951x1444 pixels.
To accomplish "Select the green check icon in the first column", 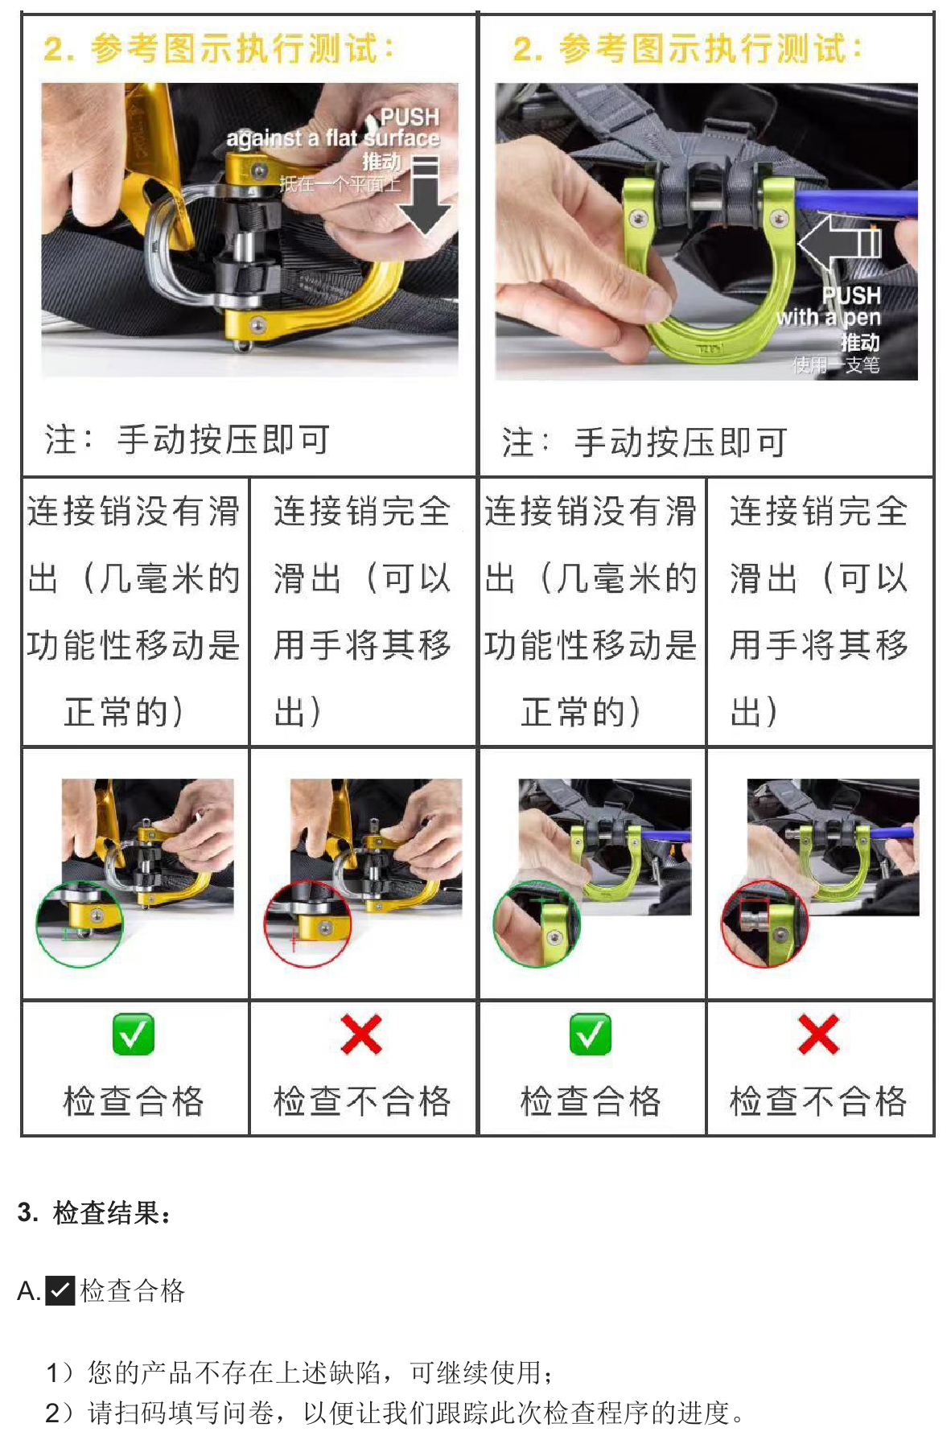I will (x=133, y=1035).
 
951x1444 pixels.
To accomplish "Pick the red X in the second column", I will (x=360, y=1035).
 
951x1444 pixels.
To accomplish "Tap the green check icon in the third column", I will (x=590, y=1035).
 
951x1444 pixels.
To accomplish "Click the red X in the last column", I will (x=818, y=1035).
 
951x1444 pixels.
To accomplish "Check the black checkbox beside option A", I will (x=60, y=1290).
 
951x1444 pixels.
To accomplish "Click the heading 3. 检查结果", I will (x=94, y=1212).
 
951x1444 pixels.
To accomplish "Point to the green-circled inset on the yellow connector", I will (x=80, y=924).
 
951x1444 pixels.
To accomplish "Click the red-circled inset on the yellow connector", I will (x=308, y=924).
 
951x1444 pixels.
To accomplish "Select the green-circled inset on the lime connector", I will (x=537, y=924).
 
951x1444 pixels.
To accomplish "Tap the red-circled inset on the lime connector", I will (x=764, y=924).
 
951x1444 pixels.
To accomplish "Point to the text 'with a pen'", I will (x=829, y=317).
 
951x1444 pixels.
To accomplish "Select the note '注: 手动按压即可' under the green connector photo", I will (x=644, y=442).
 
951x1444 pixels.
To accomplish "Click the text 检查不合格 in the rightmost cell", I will (x=818, y=1100).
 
